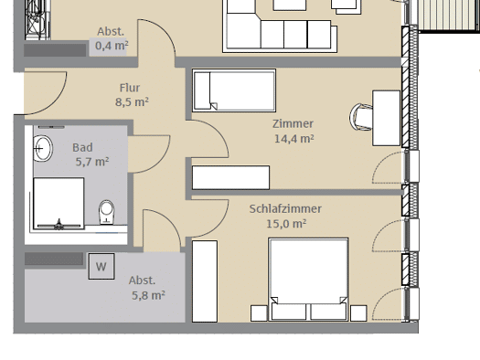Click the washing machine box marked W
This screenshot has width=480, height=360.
pos(101,266)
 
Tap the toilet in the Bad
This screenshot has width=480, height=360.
pos(107,212)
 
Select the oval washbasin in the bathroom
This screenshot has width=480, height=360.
pos(43,148)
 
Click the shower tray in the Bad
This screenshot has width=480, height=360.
pos(59,203)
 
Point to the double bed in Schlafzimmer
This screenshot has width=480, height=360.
pos(308,280)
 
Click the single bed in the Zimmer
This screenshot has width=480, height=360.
pos(234,90)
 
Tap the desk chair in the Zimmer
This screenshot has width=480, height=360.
pos(361,117)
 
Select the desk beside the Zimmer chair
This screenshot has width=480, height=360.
pos(387,118)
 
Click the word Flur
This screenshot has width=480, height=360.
pos(130,88)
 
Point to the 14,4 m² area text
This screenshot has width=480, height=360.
pos(293,139)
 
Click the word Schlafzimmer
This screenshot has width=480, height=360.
pos(285,209)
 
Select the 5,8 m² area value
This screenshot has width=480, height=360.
pos(148,295)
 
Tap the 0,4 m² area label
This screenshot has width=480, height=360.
pos(112,46)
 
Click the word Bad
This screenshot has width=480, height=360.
pos(82,148)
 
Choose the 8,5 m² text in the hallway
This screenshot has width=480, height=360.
pos(132,101)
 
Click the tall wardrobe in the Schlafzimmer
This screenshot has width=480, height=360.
pos(205,281)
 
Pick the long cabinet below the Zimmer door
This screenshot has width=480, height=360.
pos(230,177)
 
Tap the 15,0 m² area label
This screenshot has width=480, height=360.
pos(286,224)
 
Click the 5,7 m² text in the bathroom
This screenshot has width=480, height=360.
pos(92,162)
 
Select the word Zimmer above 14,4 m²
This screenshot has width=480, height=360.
pos(293,124)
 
